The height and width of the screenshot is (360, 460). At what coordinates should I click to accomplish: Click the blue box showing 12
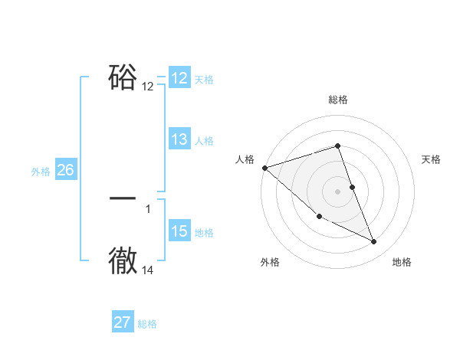pyautogui.click(x=179, y=78)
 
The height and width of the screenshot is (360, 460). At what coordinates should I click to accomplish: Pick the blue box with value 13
pyautogui.click(x=179, y=139)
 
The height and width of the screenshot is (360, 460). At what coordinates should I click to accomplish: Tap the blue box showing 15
pyautogui.click(x=179, y=231)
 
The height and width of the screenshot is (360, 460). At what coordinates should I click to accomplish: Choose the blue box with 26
pyautogui.click(x=65, y=170)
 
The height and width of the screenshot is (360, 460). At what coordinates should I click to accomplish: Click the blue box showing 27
pyautogui.click(x=122, y=322)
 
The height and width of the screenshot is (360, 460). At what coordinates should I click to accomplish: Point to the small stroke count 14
pyautogui.click(x=148, y=270)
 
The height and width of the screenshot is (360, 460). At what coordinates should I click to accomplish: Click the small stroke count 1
pyautogui.click(x=148, y=208)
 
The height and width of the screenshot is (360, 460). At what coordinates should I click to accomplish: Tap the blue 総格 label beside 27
pyautogui.click(x=147, y=324)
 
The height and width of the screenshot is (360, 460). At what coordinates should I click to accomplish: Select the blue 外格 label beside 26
pyautogui.click(x=41, y=172)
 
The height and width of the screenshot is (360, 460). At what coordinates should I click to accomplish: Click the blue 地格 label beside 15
pyautogui.click(x=204, y=233)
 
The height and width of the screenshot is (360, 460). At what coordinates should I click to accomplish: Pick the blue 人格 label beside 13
pyautogui.click(x=204, y=141)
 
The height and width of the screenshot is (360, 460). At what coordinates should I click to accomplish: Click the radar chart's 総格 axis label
pyautogui.click(x=338, y=100)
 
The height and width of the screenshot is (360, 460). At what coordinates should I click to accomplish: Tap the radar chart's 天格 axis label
pyautogui.click(x=432, y=159)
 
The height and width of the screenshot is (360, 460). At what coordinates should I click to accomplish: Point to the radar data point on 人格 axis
pyautogui.click(x=264, y=167)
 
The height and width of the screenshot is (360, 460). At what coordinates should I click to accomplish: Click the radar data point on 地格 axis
pyautogui.click(x=374, y=242)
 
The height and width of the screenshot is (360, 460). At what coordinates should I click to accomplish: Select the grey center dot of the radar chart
pyautogui.click(x=338, y=191)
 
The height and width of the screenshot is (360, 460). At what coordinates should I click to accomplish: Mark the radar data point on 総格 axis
pyautogui.click(x=338, y=146)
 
